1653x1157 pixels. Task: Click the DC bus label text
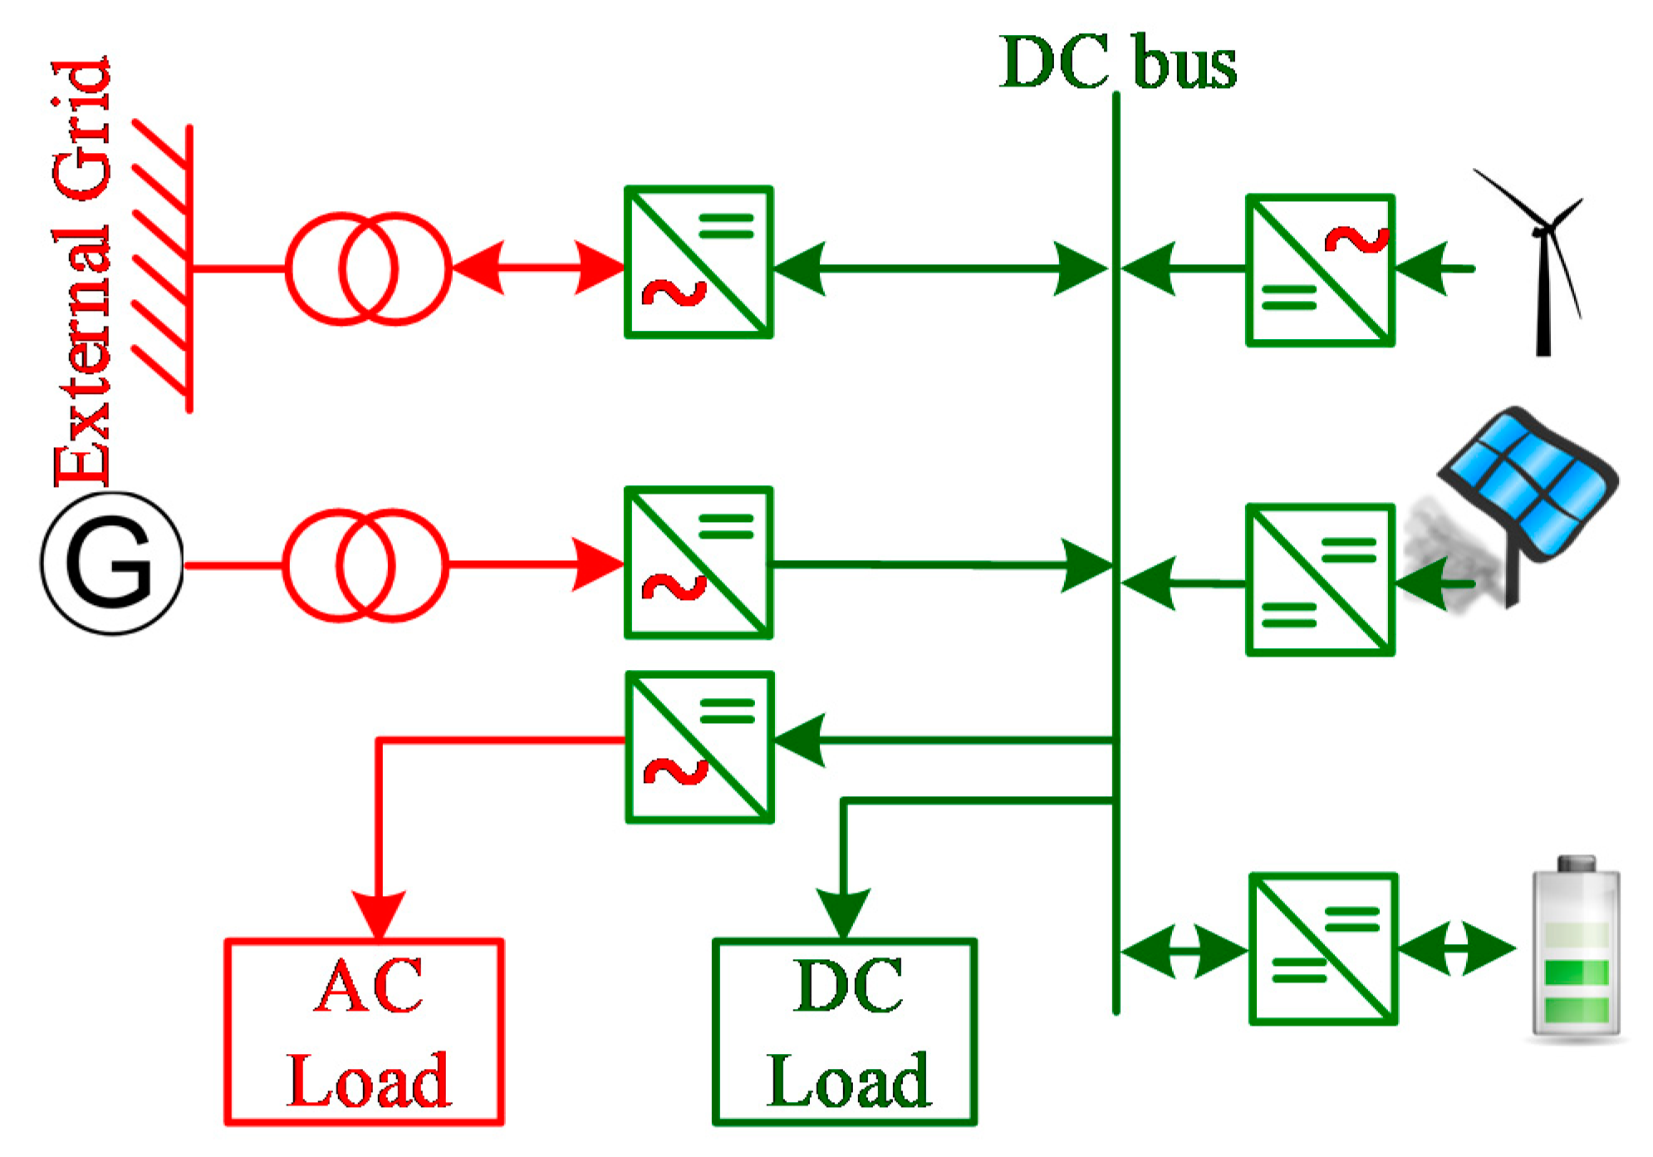click(1117, 62)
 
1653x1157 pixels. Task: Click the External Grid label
click(81, 274)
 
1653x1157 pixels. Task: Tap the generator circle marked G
click(111, 564)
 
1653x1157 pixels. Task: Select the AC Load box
click(364, 1031)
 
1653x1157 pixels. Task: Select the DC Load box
click(844, 1031)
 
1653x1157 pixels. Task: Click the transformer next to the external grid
click(368, 268)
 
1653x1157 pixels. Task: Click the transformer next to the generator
click(365, 565)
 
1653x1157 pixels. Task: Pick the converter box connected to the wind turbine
click(1319, 270)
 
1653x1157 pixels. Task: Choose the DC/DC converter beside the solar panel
click(1319, 579)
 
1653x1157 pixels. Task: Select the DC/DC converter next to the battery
click(1322, 948)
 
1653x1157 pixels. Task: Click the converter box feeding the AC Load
click(699, 747)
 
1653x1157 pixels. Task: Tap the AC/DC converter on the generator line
click(698, 563)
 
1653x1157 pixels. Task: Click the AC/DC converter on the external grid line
click(698, 262)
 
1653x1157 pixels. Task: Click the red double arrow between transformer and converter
click(538, 268)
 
